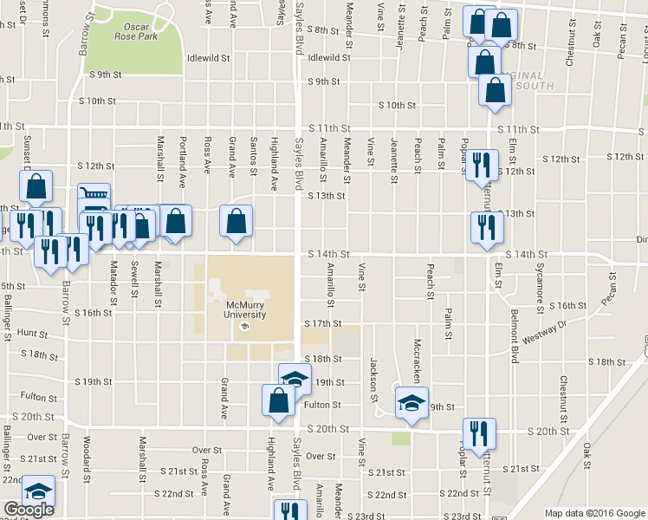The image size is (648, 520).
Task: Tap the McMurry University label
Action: tap(244, 310)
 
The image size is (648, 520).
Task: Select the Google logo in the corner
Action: tap(28, 510)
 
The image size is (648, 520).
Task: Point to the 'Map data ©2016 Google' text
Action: tap(593, 513)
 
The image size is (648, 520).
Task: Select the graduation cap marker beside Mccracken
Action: tap(411, 402)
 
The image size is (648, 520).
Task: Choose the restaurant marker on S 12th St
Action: tap(482, 165)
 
